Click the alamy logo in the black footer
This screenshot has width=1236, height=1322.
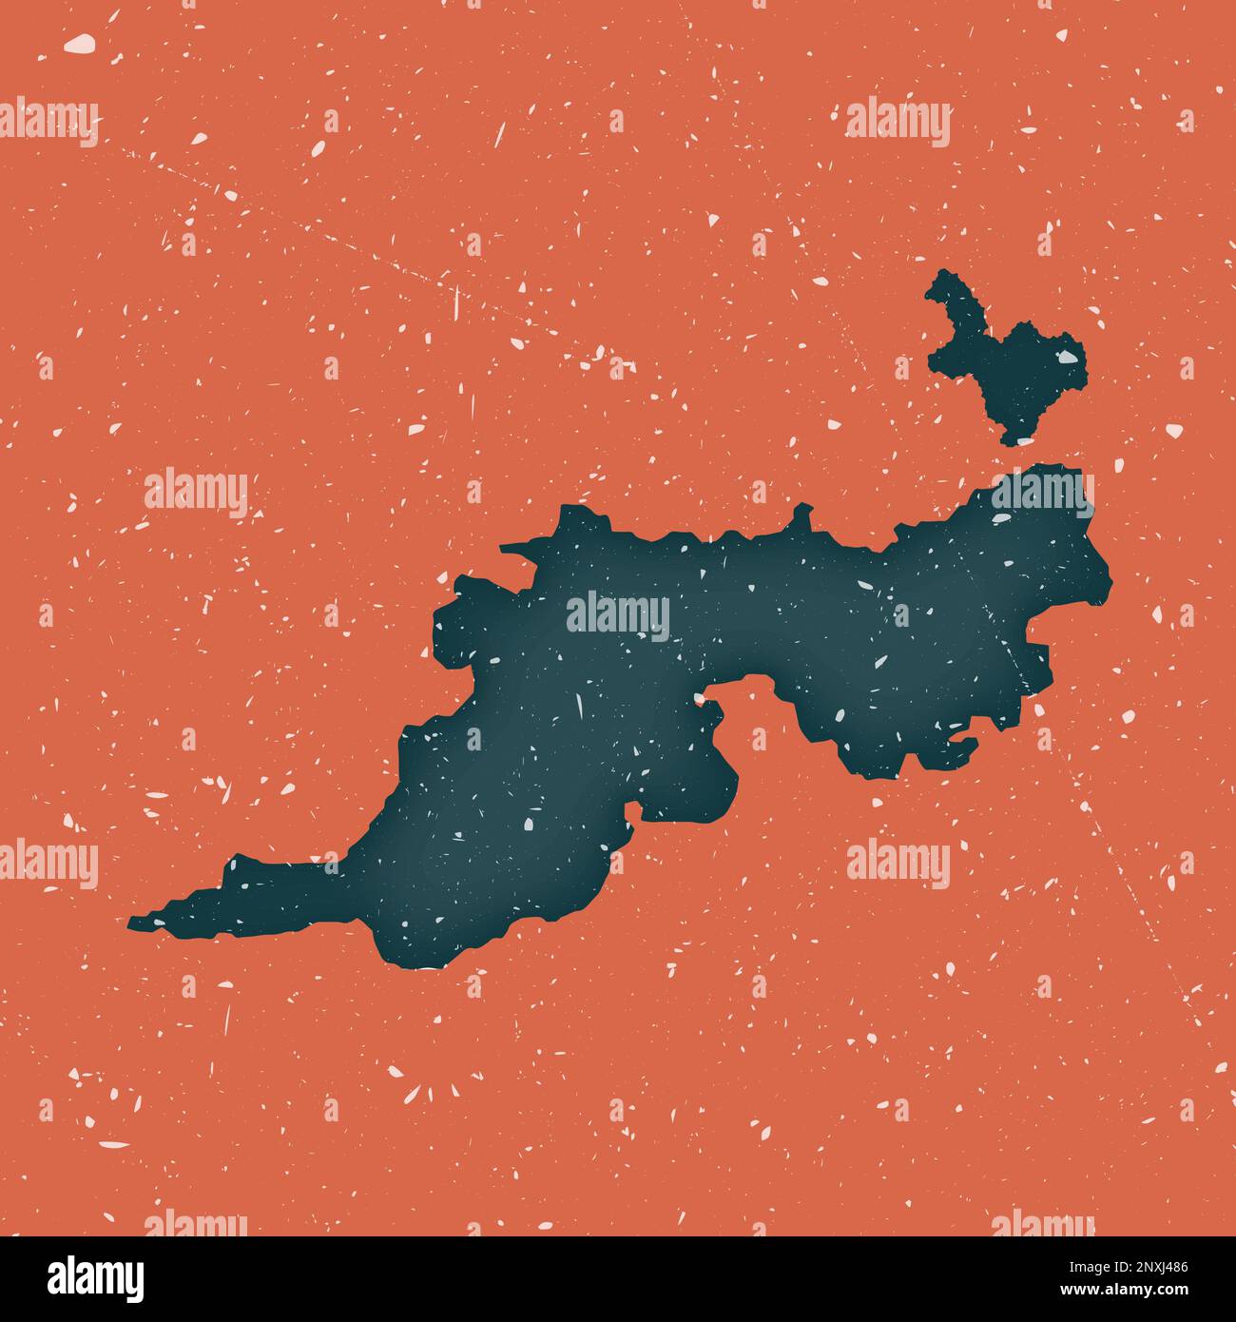[x=96, y=1277]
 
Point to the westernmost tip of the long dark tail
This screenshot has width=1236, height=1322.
[x=131, y=921]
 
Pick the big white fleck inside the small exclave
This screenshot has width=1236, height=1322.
[x=1071, y=359]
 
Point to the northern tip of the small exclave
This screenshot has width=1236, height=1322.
[x=941, y=276]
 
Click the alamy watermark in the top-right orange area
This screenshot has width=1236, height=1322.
[x=898, y=123]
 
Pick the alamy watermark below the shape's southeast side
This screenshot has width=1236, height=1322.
[x=898, y=864]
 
